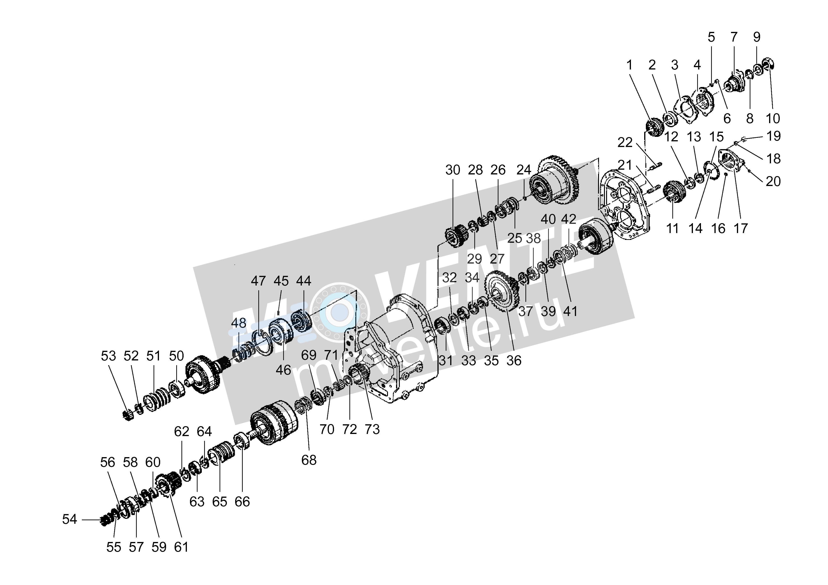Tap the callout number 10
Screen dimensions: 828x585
coord(773,118)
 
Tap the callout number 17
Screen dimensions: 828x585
coord(741,228)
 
